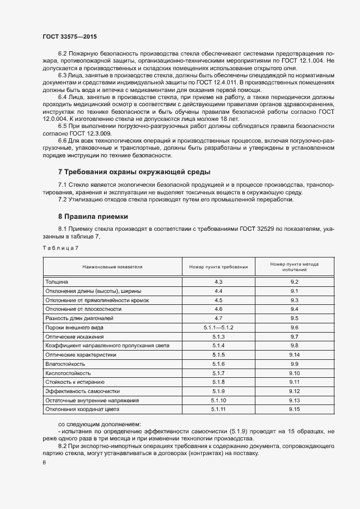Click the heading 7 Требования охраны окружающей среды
click(134, 172)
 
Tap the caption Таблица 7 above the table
click(60, 248)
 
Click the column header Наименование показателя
click(112, 267)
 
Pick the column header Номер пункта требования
click(218, 267)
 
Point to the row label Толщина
click(57, 282)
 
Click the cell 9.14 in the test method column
click(295, 354)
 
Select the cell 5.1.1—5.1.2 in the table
click(218, 327)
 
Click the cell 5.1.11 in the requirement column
click(218, 409)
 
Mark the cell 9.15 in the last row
click(295, 409)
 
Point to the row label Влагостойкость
click(65, 364)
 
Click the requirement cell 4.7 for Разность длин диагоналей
click(218, 318)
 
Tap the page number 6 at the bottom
click(44, 462)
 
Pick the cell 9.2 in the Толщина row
click(295, 282)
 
